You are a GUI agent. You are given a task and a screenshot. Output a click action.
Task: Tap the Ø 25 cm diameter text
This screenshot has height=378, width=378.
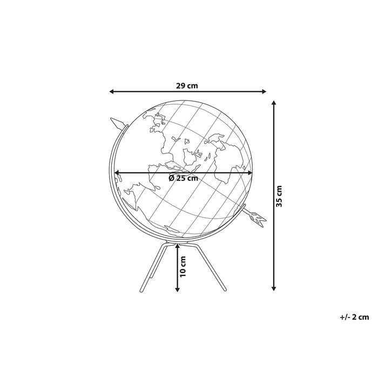183,178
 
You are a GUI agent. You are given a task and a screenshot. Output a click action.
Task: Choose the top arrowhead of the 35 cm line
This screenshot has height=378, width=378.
274,102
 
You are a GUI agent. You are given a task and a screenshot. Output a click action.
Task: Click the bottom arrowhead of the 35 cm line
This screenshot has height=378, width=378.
274,288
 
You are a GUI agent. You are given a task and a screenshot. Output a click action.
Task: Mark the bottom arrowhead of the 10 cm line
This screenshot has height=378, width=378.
178,289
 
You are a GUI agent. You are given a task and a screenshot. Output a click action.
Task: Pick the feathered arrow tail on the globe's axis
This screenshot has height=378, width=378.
258,218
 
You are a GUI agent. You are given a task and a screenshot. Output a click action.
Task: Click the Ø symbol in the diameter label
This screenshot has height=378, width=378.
171,178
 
